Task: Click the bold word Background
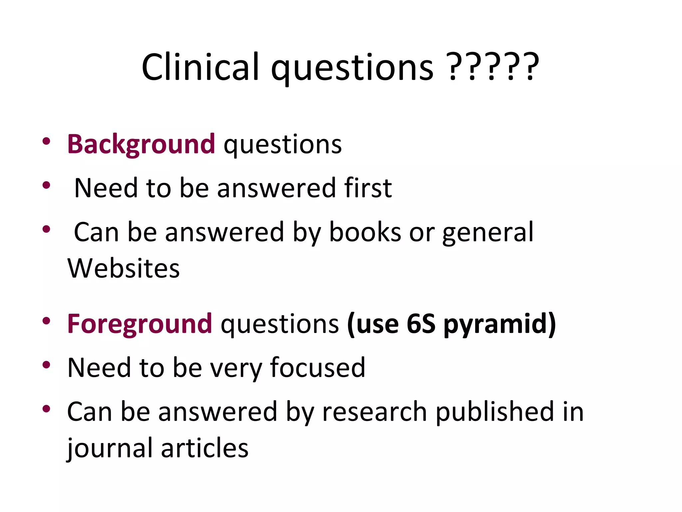pos(141,144)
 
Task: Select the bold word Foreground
pos(140,323)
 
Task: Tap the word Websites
pos(124,268)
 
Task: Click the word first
pos(368,188)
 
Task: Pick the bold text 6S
pos(421,323)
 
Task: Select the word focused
pos(318,367)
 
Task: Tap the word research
pos(374,411)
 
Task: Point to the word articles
pos(205,448)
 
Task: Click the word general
pos(488,232)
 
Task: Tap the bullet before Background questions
pos(46,141)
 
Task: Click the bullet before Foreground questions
pos(46,321)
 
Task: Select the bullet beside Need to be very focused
pos(46,365)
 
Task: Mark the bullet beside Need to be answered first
pos(46,185)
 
